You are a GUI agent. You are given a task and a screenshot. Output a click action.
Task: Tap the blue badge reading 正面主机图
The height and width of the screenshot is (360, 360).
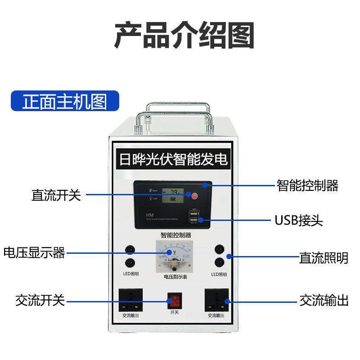point(65,102)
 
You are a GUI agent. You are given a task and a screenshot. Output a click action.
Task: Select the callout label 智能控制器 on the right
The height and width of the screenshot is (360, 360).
point(308,185)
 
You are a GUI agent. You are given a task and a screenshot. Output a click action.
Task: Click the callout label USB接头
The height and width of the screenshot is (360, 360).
point(299,220)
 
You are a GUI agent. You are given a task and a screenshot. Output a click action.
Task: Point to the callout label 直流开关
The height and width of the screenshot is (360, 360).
point(56,195)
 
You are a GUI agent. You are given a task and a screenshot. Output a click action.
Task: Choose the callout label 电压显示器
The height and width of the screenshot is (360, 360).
point(34,253)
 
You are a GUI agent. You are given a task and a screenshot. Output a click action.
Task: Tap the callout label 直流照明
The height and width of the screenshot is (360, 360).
point(324,258)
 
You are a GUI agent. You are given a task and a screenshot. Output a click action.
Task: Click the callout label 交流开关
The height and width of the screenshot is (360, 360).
point(40,300)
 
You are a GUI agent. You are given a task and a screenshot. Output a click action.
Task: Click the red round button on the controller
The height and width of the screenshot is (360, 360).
point(194,196)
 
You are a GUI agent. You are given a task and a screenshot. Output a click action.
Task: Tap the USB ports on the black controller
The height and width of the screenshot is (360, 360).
point(193,218)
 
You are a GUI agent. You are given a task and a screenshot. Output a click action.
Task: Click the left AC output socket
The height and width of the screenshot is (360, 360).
point(131,300)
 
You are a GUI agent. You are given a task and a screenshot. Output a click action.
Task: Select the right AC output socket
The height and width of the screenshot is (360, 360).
point(216,300)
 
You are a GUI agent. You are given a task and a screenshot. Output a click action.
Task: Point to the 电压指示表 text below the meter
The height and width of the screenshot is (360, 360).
point(175,277)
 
